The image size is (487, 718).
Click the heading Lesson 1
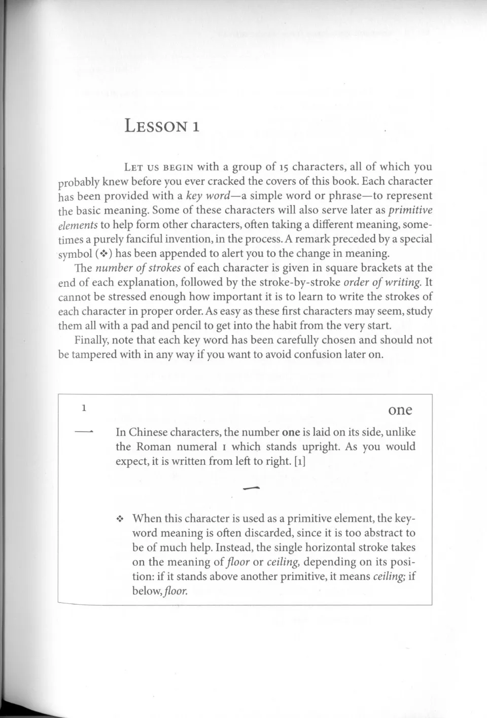pyautogui.click(x=162, y=125)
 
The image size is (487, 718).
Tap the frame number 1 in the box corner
pyautogui.click(x=85, y=407)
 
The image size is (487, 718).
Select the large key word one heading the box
pyautogui.click(x=400, y=409)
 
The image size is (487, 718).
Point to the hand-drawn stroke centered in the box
pyautogui.click(x=251, y=488)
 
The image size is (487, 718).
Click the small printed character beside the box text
pyautogui.click(x=84, y=431)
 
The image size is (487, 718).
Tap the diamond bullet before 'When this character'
pyautogui.click(x=120, y=519)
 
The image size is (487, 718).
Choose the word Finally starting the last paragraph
pyautogui.click(x=91, y=340)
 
